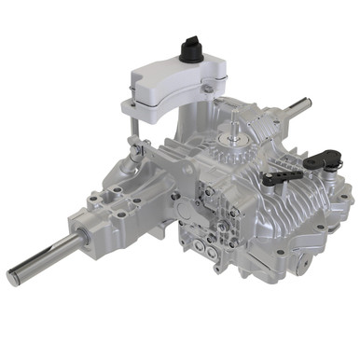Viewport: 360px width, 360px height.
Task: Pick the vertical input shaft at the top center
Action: (x=230, y=131)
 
